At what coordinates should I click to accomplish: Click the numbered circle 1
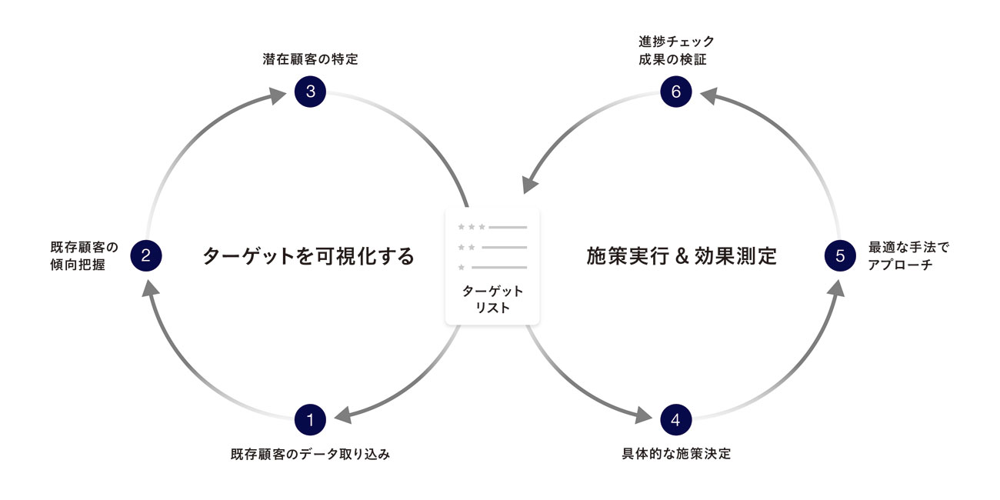(x=311, y=419)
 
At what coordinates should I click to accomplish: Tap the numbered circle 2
(x=146, y=255)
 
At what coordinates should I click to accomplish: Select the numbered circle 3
(x=311, y=92)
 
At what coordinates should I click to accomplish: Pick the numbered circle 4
(x=676, y=419)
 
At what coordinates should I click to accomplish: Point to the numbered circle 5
(x=840, y=255)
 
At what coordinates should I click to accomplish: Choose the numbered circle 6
(x=676, y=92)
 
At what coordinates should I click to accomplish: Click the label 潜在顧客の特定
(x=310, y=59)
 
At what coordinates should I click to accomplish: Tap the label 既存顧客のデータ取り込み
(x=310, y=454)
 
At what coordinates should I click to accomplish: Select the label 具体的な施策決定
(x=676, y=454)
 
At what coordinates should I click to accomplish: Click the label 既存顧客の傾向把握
(x=84, y=256)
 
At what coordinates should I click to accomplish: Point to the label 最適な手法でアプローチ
(x=909, y=256)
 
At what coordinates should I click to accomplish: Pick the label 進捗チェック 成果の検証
(x=676, y=50)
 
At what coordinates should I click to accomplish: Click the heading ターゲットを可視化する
(x=308, y=256)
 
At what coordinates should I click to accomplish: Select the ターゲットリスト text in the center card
(x=492, y=299)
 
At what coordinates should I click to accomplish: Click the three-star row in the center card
(x=492, y=227)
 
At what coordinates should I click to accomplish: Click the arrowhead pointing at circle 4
(x=643, y=416)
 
